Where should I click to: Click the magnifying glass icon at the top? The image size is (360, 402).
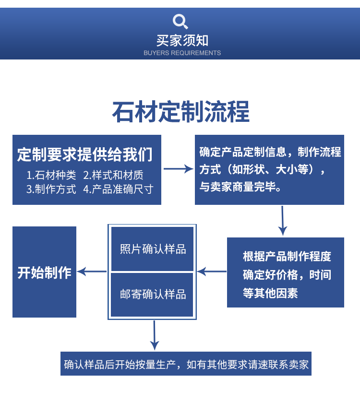[180, 21]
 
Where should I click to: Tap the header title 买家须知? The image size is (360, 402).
[182, 40]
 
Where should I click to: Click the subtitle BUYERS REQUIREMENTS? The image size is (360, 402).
[182, 53]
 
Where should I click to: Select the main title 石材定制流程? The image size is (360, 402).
[180, 112]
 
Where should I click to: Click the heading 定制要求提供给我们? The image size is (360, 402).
[84, 154]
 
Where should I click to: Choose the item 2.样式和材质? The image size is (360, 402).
[113, 175]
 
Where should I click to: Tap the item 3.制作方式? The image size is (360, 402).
[51, 189]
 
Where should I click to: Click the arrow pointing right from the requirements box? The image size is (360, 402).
[178, 169]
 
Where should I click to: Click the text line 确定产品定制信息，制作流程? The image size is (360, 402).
[270, 153]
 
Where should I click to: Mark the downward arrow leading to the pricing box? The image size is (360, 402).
[283, 220]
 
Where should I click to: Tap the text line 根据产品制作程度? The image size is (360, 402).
[287, 256]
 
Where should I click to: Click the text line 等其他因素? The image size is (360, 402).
[270, 293]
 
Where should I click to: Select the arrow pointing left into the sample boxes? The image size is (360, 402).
[212, 272]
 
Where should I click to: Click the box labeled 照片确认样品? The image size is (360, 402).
[153, 249]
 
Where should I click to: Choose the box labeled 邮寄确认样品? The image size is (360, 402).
[153, 294]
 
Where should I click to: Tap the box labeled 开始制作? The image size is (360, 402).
[44, 272]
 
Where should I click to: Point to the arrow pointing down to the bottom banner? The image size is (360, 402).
[154, 335]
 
